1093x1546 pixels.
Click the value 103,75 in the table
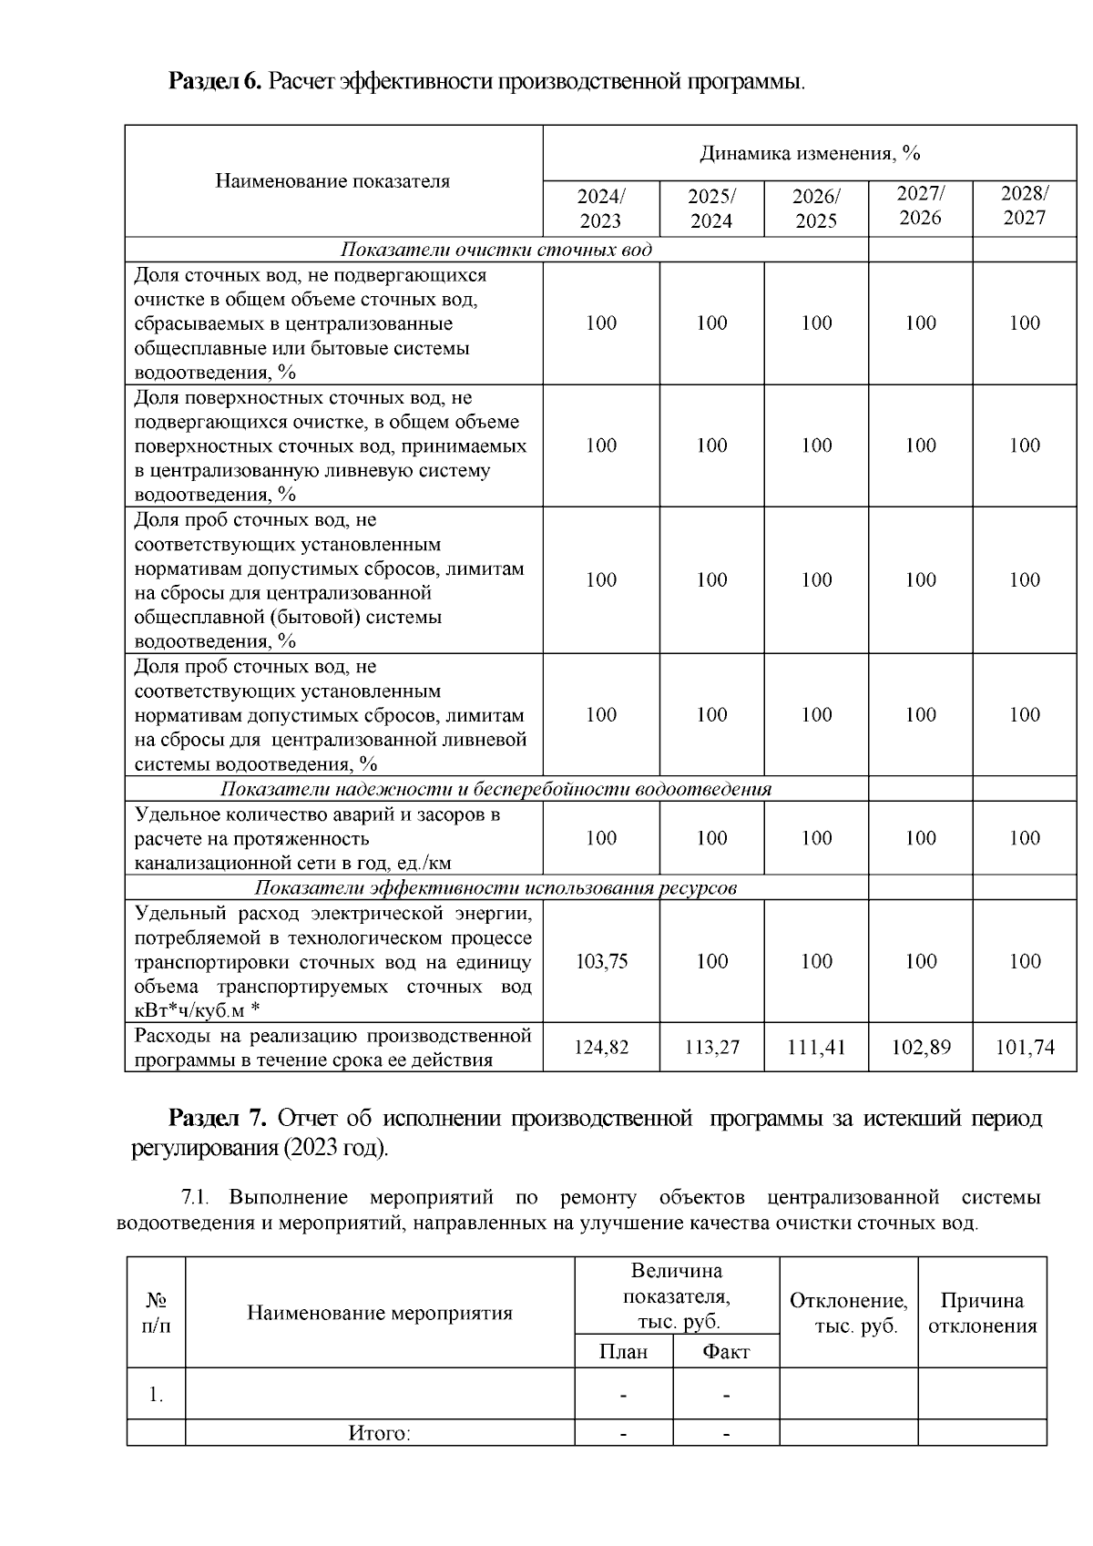click(601, 961)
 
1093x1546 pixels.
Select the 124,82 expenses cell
click(601, 1048)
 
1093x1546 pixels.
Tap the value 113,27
click(711, 1048)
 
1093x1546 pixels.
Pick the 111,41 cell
click(816, 1048)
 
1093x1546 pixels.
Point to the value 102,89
click(921, 1048)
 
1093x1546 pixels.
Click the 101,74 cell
click(1025, 1048)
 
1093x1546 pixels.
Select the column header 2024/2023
click(601, 209)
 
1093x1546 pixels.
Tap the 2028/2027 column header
click(1025, 205)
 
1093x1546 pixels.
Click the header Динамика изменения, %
click(810, 153)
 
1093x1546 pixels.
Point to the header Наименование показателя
click(332, 181)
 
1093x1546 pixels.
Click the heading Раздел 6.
click(215, 82)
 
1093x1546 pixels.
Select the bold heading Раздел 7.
click(217, 1118)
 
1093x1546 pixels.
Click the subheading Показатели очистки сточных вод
click(495, 250)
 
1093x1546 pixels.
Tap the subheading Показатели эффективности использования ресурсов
click(495, 888)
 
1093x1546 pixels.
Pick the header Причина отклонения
click(982, 1313)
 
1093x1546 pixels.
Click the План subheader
click(623, 1352)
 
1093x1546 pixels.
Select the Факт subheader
click(726, 1352)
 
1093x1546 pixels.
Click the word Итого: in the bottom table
click(379, 1433)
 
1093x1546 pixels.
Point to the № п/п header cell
click(156, 1313)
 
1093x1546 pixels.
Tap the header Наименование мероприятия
click(379, 1313)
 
